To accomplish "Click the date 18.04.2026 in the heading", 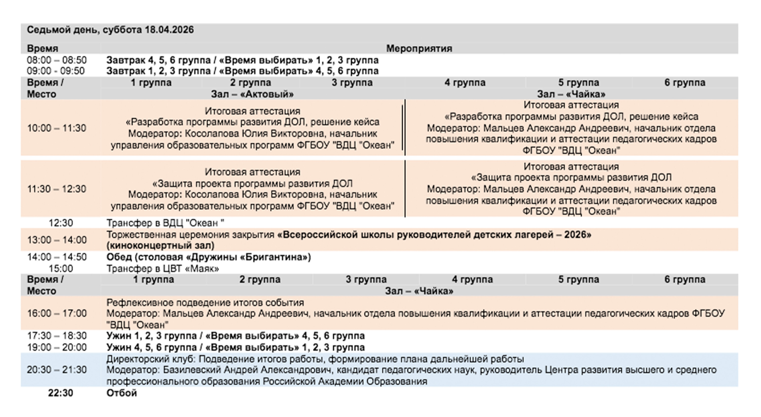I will point(169,30).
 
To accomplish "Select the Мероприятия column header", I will point(419,48).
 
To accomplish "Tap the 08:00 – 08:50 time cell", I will point(57,60).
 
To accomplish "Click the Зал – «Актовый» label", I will point(252,94).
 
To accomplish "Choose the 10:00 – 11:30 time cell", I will point(57,128).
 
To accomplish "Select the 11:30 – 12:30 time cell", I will point(57,189).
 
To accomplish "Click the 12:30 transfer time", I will point(61,223).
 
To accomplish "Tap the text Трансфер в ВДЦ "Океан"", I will point(165,223).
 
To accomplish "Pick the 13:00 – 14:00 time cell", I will point(57,240).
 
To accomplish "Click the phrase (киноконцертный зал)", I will point(160,246).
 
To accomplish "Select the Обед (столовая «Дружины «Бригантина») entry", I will point(209,257).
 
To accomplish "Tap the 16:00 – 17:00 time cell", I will point(57,313).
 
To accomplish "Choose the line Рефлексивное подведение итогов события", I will point(205,303).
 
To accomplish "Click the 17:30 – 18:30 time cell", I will point(57,336).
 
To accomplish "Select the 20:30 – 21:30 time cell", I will point(57,370).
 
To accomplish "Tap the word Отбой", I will point(122,393).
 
